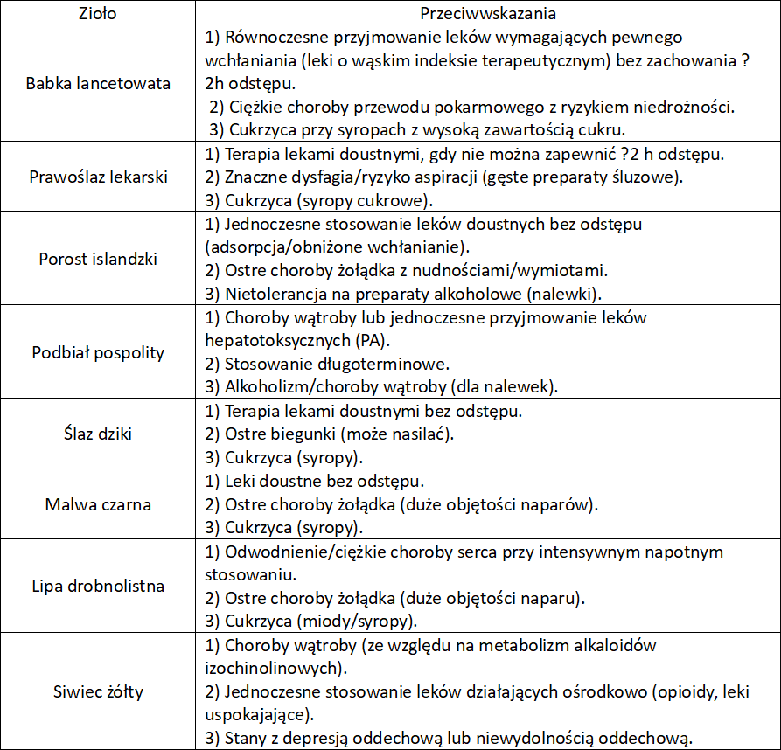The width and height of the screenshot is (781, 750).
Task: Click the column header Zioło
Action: (x=98, y=14)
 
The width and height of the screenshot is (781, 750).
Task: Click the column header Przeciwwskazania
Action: (x=488, y=14)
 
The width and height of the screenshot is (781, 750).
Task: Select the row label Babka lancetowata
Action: (x=98, y=84)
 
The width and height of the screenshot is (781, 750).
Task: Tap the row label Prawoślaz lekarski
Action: (x=98, y=177)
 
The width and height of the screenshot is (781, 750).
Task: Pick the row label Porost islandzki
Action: (x=98, y=259)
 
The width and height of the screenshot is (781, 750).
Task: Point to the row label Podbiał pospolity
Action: (x=98, y=352)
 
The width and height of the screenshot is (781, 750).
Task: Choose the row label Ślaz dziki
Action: (x=98, y=434)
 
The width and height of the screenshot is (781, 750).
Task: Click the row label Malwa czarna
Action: (x=98, y=504)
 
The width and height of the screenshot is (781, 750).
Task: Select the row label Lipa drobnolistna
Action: (x=98, y=586)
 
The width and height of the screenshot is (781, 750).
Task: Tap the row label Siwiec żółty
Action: (x=98, y=692)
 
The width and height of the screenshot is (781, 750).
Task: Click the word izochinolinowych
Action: (x=272, y=669)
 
